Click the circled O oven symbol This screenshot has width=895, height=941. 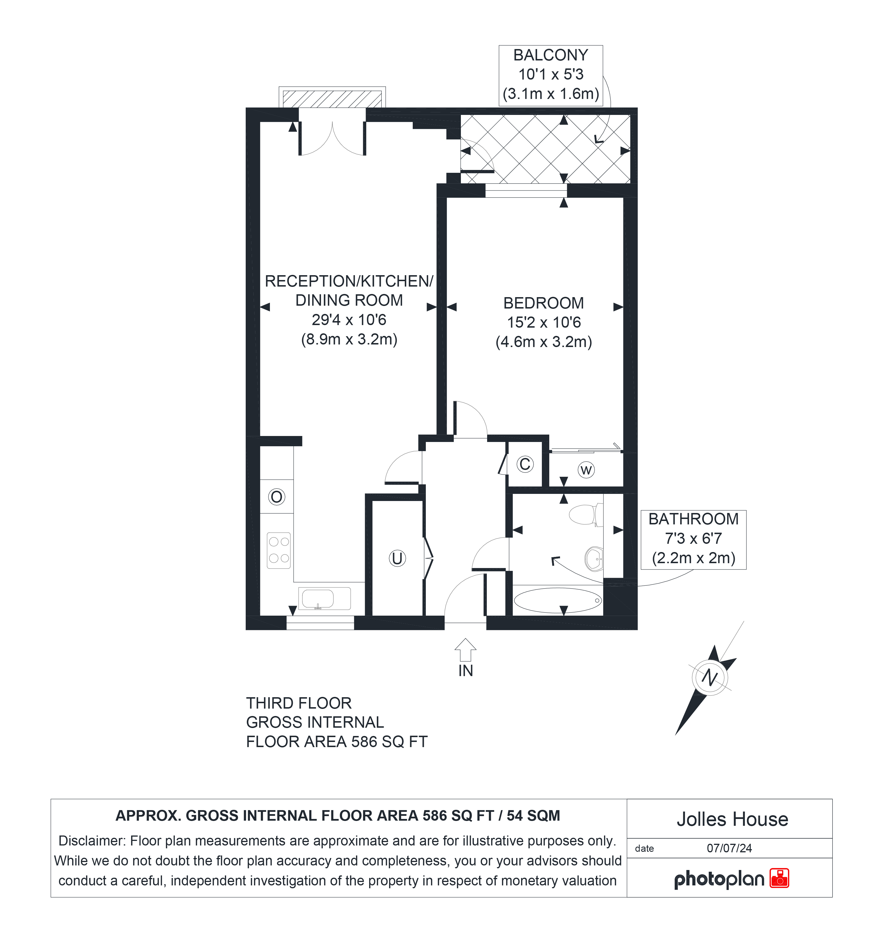click(277, 497)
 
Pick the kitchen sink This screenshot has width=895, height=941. click(324, 599)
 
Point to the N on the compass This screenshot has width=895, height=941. click(710, 677)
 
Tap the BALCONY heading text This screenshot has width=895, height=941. click(551, 55)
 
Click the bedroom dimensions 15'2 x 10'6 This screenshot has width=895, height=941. click(544, 323)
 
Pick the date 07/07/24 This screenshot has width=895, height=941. click(729, 848)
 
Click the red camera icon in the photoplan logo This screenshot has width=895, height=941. click(780, 879)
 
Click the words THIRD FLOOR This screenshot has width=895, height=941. click(299, 703)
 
